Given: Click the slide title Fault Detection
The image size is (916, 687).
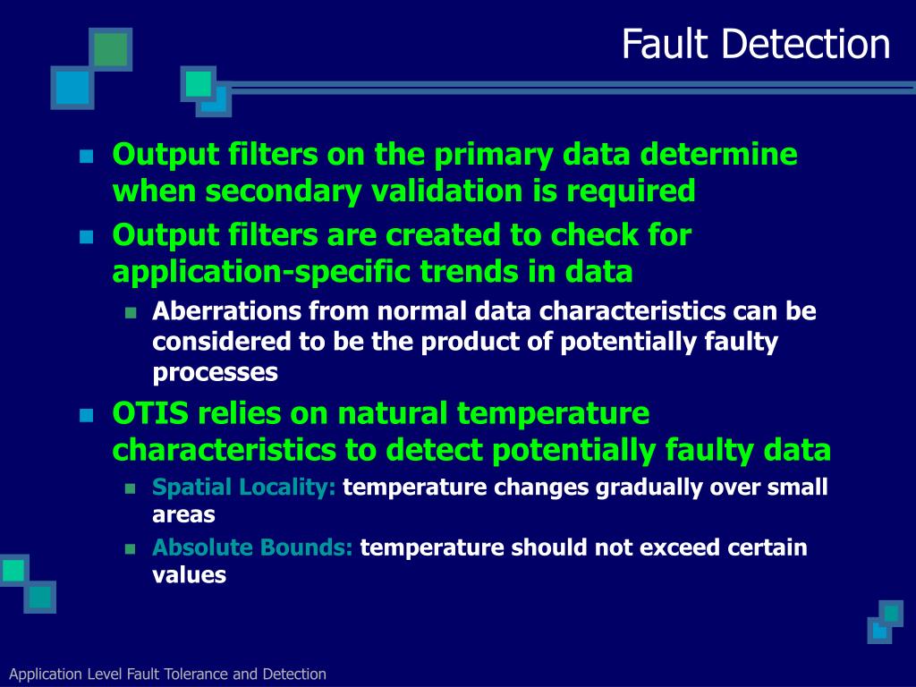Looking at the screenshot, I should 756,45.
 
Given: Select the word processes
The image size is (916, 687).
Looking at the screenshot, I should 215,372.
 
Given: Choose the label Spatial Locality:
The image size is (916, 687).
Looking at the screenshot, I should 244,488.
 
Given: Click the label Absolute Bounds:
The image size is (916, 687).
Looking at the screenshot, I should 252,547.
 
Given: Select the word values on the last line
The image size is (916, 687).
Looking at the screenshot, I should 189,575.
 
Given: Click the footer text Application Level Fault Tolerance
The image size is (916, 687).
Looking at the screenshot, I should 167,674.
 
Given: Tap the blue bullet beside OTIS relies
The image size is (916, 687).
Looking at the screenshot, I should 86,416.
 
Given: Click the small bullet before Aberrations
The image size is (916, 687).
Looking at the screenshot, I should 130,313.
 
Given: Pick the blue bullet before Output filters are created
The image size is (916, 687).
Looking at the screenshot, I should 86,237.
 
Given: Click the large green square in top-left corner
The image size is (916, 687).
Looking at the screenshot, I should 110,49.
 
